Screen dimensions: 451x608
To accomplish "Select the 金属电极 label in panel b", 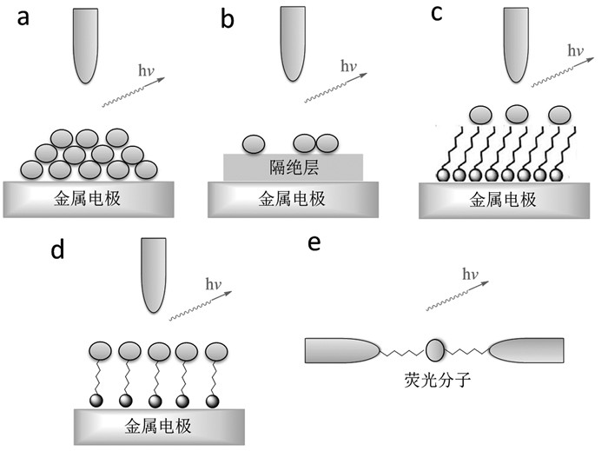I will (293, 198).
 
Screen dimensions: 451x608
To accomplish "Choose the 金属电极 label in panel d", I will (158, 427).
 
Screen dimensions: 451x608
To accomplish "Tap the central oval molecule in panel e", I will (434, 351).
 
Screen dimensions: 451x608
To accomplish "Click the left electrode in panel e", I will (342, 350).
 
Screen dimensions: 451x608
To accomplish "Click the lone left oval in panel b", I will (254, 143).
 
